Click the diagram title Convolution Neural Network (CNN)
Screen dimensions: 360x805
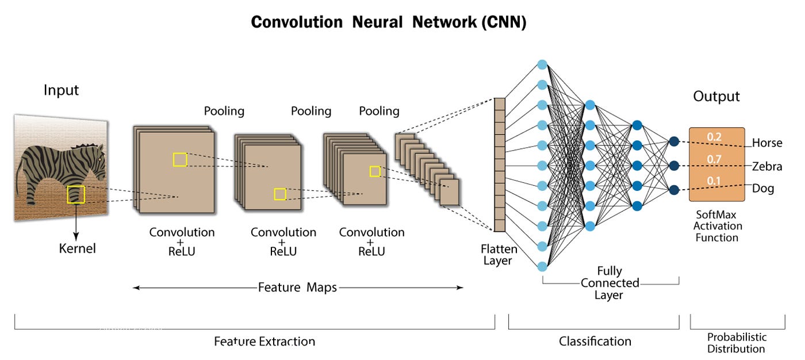click(x=389, y=22)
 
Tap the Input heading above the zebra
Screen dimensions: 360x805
click(x=61, y=90)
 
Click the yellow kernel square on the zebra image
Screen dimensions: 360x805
click(x=76, y=194)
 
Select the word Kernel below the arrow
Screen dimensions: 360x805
click(x=78, y=249)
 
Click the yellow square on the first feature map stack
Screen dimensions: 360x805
click(x=180, y=160)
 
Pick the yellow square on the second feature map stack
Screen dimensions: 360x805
click(x=280, y=194)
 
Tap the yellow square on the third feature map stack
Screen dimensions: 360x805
click(x=375, y=171)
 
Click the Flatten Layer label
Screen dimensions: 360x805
click(x=499, y=255)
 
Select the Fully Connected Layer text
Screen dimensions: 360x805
click(x=609, y=283)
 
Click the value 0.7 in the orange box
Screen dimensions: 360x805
click(x=714, y=159)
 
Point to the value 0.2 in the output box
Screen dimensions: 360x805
click(x=714, y=137)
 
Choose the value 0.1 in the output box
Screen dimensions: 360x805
click(x=714, y=181)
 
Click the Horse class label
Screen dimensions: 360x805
click(x=767, y=143)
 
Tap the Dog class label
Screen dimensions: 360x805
click(x=763, y=188)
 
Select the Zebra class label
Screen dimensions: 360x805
click(x=767, y=166)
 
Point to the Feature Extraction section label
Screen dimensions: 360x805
click(x=264, y=342)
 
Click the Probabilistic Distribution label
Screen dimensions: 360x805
click(x=736, y=343)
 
